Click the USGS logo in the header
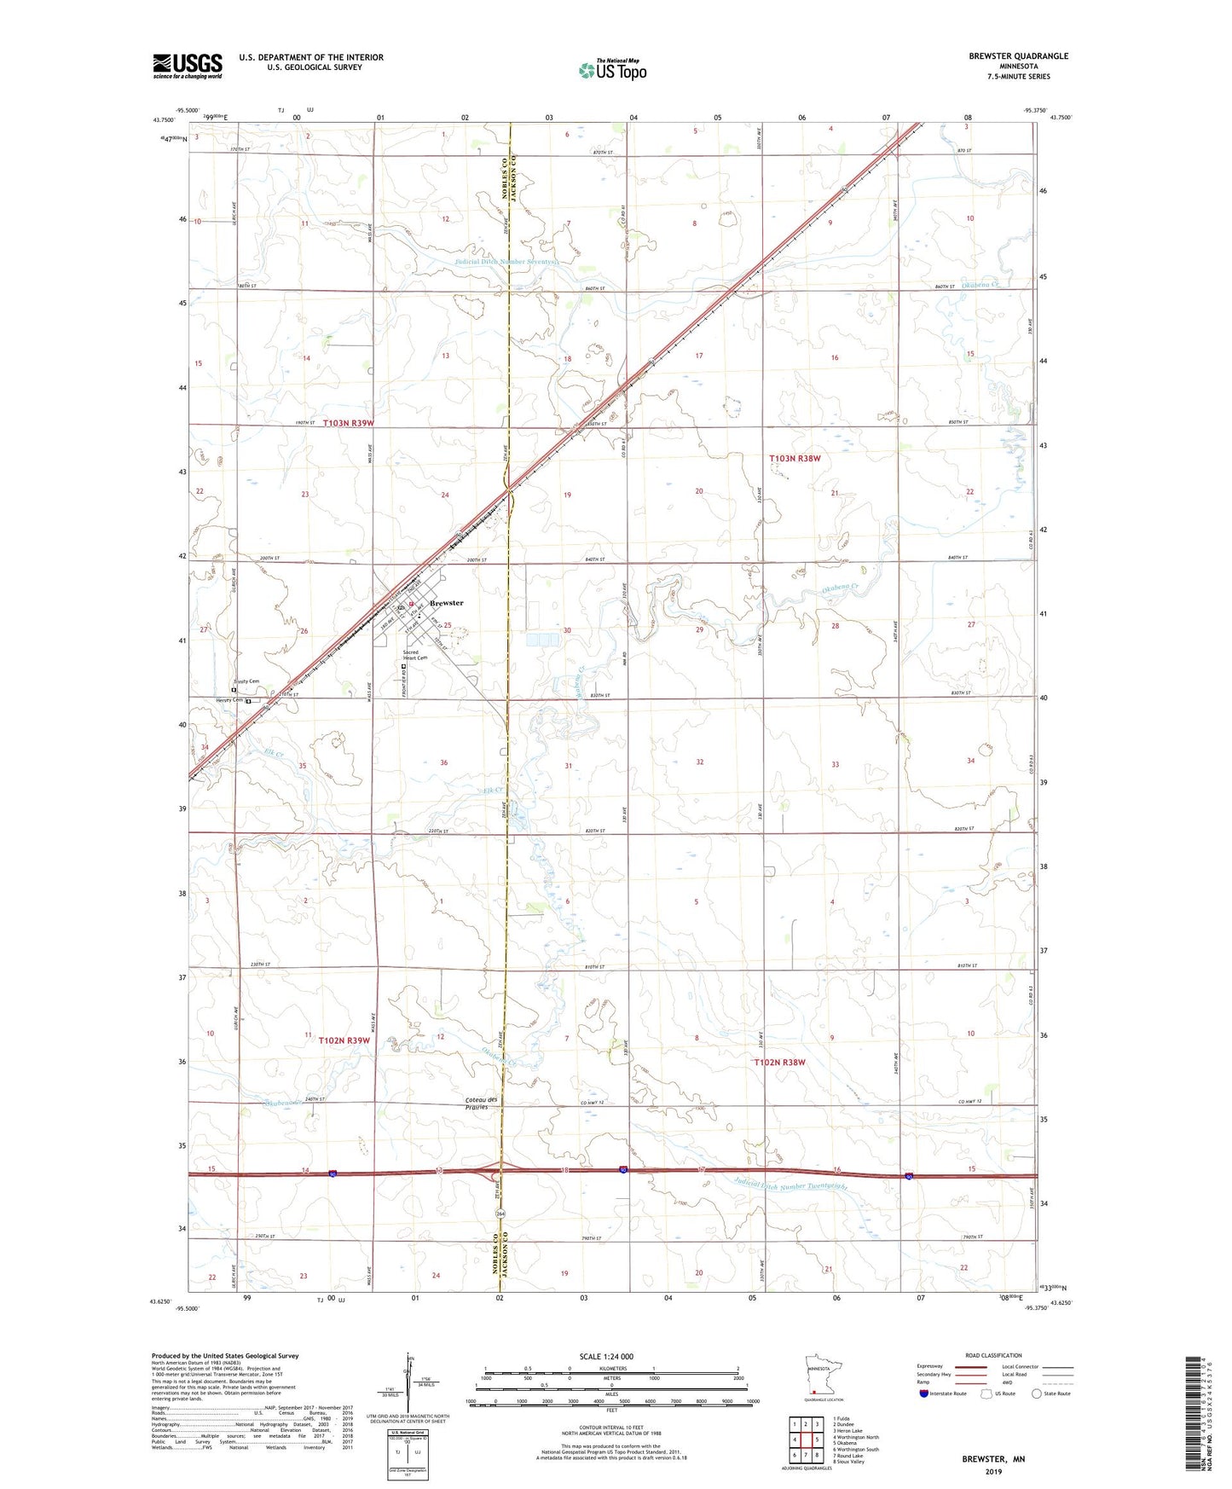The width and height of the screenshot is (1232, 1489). tap(188, 65)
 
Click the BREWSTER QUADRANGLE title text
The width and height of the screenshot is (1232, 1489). tap(1017, 56)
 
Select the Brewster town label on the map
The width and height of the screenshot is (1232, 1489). tap(447, 603)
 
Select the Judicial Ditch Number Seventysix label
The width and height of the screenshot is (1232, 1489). tap(506, 262)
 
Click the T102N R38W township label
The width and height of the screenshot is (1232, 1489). tap(779, 1062)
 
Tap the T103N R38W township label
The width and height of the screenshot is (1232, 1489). tap(795, 459)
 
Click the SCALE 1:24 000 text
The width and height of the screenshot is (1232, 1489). tap(606, 1356)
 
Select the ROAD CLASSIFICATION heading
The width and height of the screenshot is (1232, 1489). tap(992, 1355)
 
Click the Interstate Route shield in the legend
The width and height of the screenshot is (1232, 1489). tap(924, 1394)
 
